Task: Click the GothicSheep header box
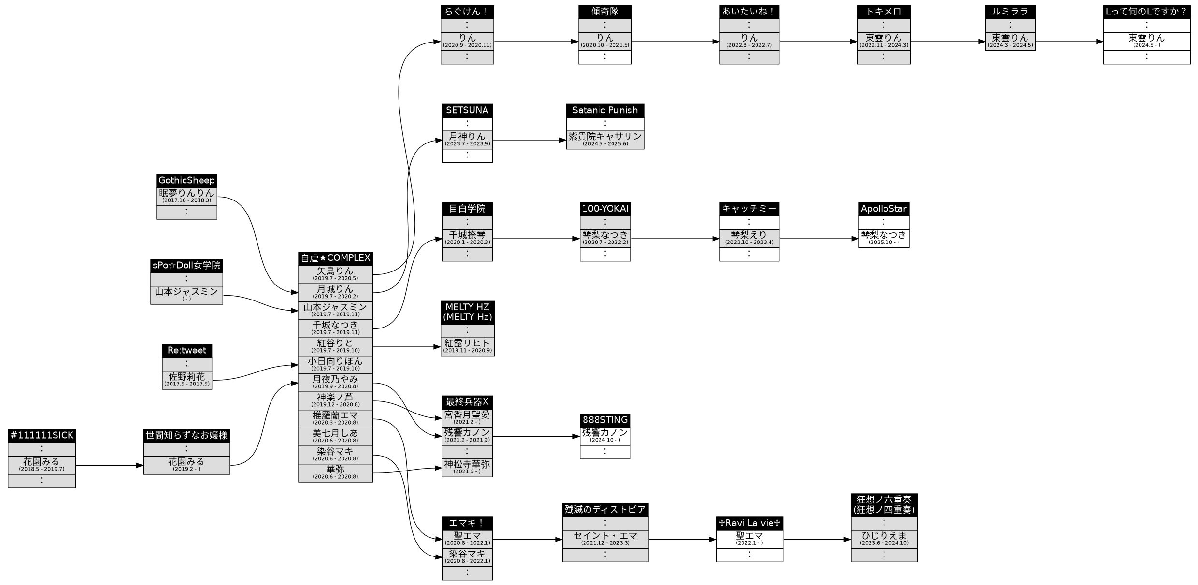[186, 180]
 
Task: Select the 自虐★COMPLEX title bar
[335, 258]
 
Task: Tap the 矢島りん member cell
[335, 274]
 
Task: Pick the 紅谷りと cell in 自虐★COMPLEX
[335, 346]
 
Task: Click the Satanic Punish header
[605, 110]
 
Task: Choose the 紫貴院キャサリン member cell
[605, 139]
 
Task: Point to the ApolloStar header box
[884, 209]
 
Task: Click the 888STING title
[605, 420]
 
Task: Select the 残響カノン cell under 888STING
[605, 436]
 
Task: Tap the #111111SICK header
[42, 435]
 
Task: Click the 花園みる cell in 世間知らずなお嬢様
[186, 465]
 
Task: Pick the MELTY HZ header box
[467, 312]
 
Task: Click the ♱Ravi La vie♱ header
[749, 523]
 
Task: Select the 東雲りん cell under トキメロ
[884, 41]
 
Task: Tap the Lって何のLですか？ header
[1146, 12]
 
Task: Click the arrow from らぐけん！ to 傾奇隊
[536, 42]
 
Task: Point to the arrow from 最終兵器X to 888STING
[536, 436]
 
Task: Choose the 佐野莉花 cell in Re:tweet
[186, 380]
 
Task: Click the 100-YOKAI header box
[605, 209]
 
